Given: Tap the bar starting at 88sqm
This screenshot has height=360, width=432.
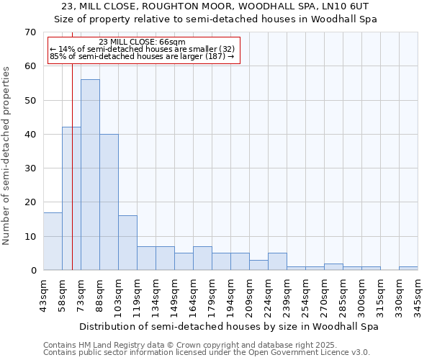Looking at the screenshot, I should pyautogui.click(x=109, y=202).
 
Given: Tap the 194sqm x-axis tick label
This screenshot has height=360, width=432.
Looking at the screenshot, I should pyautogui.click(x=231, y=295).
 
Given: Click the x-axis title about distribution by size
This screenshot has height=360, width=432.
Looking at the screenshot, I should pyautogui.click(x=228, y=326).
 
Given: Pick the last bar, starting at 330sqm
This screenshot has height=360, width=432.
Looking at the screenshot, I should pyautogui.click(x=408, y=269).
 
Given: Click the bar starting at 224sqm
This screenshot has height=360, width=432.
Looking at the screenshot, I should pyautogui.click(x=277, y=262).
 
